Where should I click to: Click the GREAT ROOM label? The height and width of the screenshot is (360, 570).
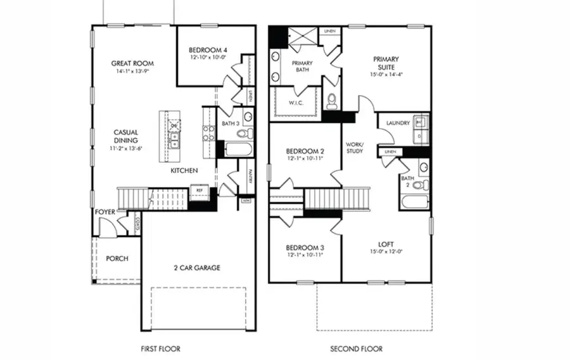click(x=132, y=63)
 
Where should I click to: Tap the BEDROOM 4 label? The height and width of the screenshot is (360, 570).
click(x=208, y=50)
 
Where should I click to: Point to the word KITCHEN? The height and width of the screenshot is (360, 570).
click(x=184, y=171)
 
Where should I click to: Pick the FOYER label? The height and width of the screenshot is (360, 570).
click(x=104, y=212)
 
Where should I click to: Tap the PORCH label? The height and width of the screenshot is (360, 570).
click(x=117, y=259)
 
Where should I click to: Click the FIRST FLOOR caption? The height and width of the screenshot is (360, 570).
click(x=160, y=349)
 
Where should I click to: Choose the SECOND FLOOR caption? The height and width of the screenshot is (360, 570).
click(x=357, y=349)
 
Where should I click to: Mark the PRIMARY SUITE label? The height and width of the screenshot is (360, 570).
click(x=386, y=63)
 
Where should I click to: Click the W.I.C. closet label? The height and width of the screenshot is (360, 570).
click(x=295, y=103)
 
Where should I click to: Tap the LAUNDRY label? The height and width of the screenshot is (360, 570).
click(x=398, y=123)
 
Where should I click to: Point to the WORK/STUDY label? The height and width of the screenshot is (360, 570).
click(x=355, y=148)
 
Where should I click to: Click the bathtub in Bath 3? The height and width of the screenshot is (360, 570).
click(x=236, y=150)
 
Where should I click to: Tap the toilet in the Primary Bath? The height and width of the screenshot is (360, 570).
click(x=331, y=101)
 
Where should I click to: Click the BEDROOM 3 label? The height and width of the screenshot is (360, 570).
click(x=305, y=247)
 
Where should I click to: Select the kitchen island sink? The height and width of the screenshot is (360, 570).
click(x=174, y=141)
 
